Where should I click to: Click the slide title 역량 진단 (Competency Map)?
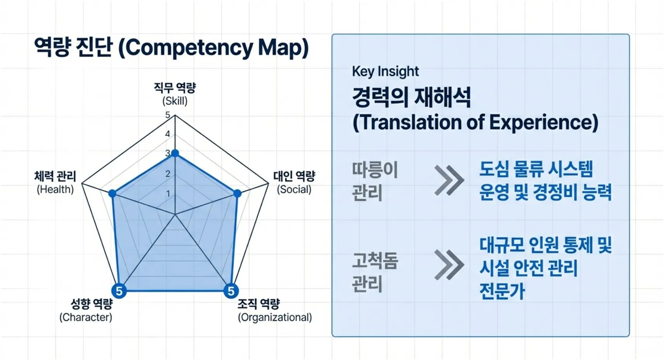tap(171, 48)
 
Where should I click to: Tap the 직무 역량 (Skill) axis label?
tap(175, 94)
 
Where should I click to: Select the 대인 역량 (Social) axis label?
tap(294, 182)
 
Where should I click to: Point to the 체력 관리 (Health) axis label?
tap(55, 182)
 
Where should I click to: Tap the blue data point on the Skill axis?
tap(175, 154)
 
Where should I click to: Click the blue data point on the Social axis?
tap(238, 193)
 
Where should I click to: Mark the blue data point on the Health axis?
tap(112, 193)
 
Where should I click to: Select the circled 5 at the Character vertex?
tap(119, 291)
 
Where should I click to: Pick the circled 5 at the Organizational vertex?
tap(231, 291)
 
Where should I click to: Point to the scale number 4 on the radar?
tap(168, 134)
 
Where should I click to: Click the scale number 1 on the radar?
tap(168, 193)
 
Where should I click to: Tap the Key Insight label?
tap(385, 71)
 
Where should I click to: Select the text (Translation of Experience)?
tap(475, 122)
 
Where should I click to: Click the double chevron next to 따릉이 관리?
tap(449, 180)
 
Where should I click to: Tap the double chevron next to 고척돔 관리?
tap(449, 265)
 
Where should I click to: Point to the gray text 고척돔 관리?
tap(374, 272)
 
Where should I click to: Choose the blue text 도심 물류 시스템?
tap(536, 169)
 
